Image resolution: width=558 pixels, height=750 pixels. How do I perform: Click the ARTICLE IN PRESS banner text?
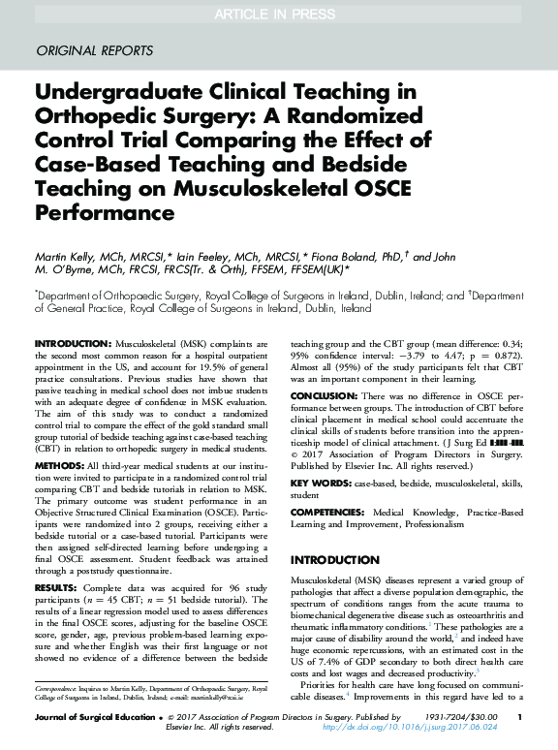click(x=278, y=14)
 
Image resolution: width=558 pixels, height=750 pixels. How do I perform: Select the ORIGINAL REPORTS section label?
click(x=94, y=50)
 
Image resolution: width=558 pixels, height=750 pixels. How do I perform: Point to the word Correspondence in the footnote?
click(x=58, y=687)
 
